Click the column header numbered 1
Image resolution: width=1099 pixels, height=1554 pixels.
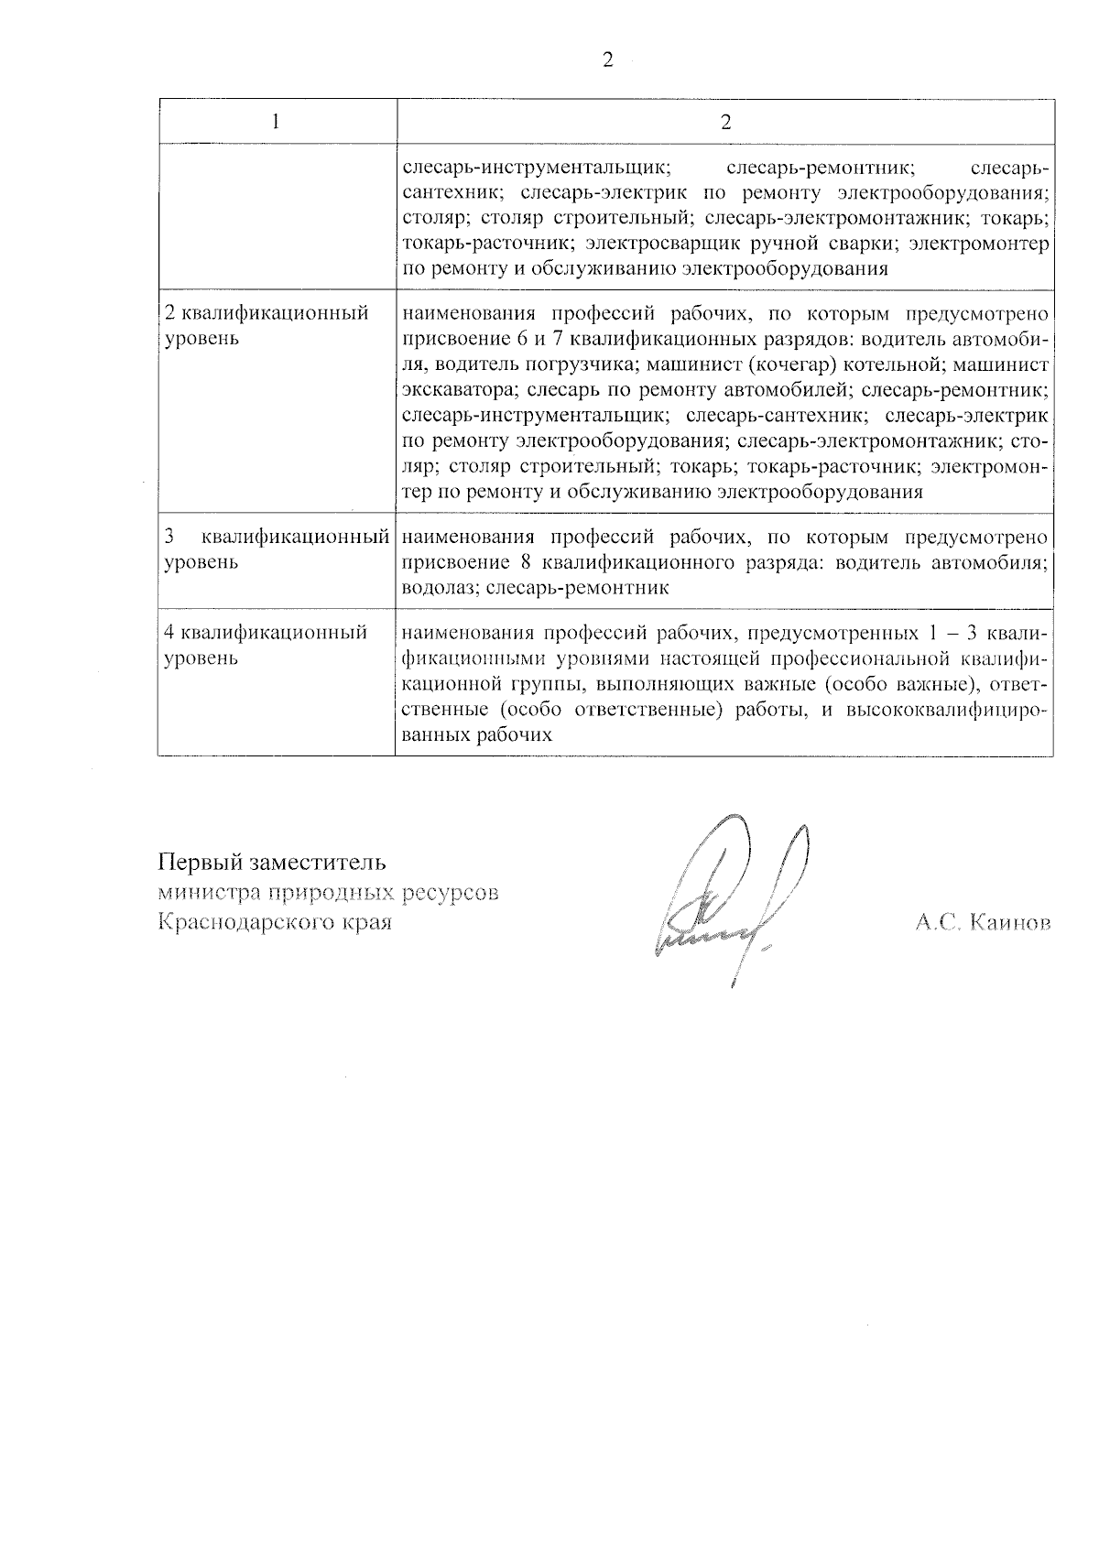point(277,122)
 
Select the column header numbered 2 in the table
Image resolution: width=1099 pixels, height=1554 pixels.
point(725,122)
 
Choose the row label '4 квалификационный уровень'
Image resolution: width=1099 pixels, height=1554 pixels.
point(266,645)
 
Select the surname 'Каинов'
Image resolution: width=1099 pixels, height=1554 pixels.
point(1010,922)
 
